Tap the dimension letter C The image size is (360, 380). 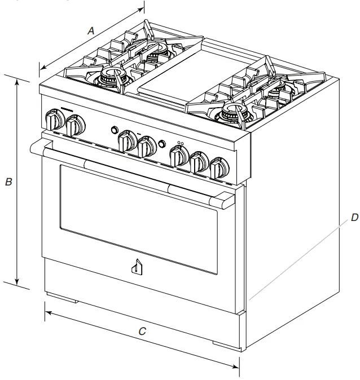click(x=143, y=332)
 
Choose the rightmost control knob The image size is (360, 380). click(x=217, y=169)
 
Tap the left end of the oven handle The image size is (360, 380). click(x=36, y=148)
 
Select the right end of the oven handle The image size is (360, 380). click(x=226, y=200)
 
